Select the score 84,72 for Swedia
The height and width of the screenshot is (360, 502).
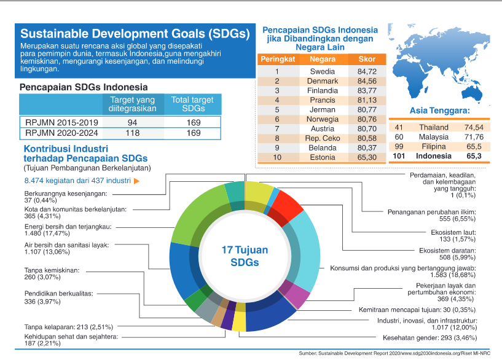[x=366, y=71]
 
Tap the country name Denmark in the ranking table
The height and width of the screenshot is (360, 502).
[x=323, y=81]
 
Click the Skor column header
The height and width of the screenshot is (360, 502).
[x=366, y=60]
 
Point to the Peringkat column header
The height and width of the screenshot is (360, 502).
[x=278, y=60]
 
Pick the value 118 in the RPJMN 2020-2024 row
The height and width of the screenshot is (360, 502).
[x=133, y=133]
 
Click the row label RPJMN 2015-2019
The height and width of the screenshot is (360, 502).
[x=57, y=122]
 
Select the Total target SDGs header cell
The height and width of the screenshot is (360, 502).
[x=192, y=104]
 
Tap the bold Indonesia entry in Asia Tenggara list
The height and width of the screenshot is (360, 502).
[x=434, y=157]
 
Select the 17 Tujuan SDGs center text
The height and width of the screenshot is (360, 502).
[x=245, y=256]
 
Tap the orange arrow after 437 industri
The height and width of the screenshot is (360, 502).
[x=136, y=181]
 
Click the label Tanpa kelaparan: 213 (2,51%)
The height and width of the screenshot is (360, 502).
[x=66, y=327]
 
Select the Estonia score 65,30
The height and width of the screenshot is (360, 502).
[x=366, y=157]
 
